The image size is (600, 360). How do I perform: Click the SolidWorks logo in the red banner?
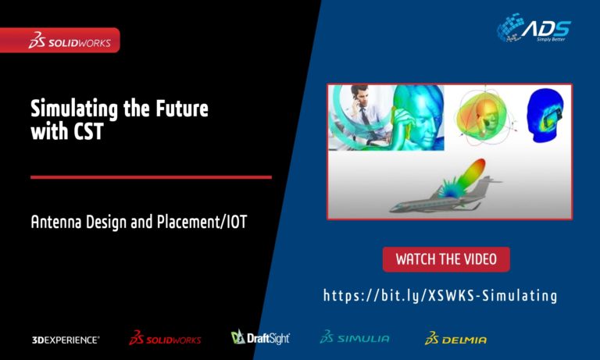pyautogui.click(x=70, y=40)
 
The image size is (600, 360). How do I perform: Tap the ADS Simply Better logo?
pyautogui.click(x=534, y=27)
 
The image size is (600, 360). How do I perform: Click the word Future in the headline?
pyautogui.click(x=182, y=109)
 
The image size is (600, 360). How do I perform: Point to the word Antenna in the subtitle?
pyautogui.click(x=56, y=222)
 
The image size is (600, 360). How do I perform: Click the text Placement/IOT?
pyautogui.click(x=202, y=223)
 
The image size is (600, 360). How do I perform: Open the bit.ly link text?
pyautogui.click(x=440, y=296)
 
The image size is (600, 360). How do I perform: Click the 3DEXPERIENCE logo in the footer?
pyautogui.click(x=66, y=340)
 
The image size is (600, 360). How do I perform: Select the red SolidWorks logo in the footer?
pyautogui.click(x=165, y=338)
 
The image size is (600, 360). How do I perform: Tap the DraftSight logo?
pyautogui.click(x=260, y=337)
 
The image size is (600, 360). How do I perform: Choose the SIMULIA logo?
pyautogui.click(x=355, y=337)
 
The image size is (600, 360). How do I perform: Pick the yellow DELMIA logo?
pyautogui.click(x=455, y=338)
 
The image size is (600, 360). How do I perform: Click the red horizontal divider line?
pyautogui.click(x=151, y=177)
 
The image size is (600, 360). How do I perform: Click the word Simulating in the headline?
pyautogui.click(x=74, y=109)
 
